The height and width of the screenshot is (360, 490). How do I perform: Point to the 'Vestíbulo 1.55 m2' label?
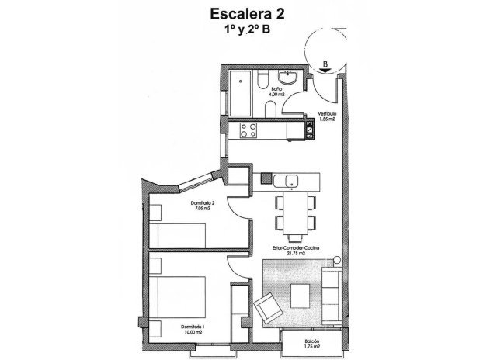[326, 118]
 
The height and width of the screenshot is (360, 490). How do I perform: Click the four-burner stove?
[250, 130]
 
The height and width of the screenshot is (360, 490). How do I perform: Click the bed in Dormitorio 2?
[186, 233]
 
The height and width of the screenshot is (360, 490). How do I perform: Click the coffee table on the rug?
[301, 293]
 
